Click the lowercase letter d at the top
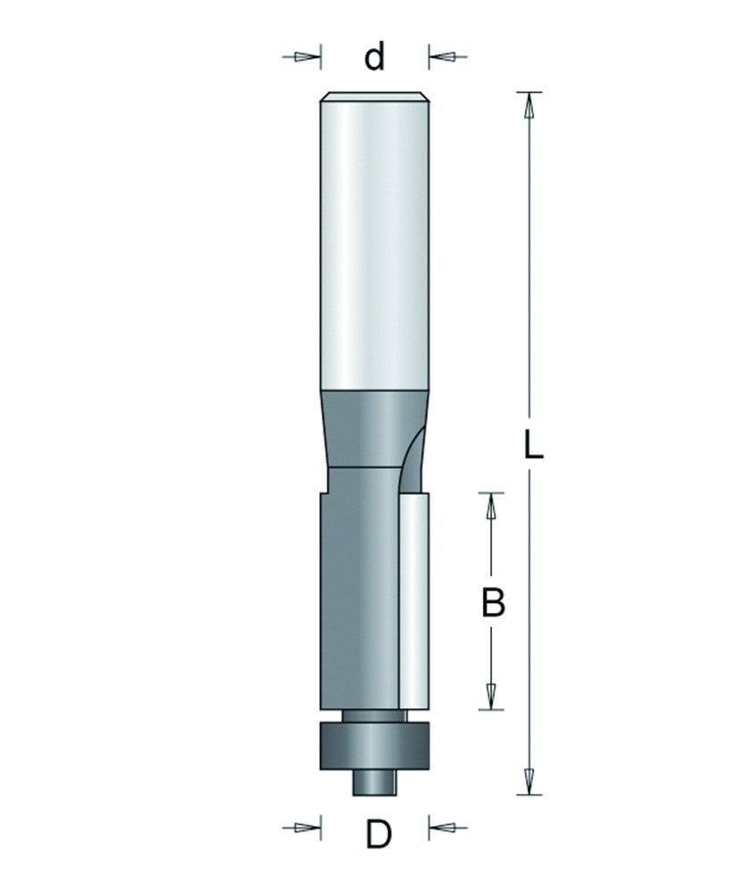pos(374,56)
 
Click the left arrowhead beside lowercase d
pos(308,57)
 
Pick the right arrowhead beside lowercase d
pos(442,57)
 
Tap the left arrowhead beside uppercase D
pos(308,827)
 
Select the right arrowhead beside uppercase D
pos(442,827)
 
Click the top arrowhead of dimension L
pos(529,105)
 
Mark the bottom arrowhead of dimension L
pos(529,781)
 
